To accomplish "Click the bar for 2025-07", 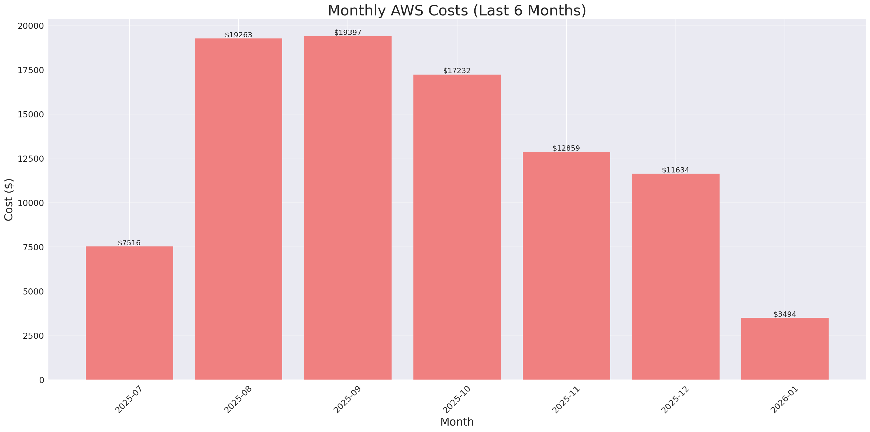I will point(129,313).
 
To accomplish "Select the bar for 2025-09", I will point(348,208).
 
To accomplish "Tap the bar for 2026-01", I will point(785,349).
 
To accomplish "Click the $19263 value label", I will point(238,35).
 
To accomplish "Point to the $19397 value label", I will point(348,32).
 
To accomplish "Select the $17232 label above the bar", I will point(457,70).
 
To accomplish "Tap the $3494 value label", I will point(785,314).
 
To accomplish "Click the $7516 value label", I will point(129,243).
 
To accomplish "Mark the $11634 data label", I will point(675,170).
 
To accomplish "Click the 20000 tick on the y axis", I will point(31,26).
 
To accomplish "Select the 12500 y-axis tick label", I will point(31,159).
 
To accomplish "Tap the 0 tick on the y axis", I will point(41,380).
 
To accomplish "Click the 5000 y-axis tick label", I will point(33,291).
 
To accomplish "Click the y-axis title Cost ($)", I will point(9,200).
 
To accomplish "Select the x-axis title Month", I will point(457,422).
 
